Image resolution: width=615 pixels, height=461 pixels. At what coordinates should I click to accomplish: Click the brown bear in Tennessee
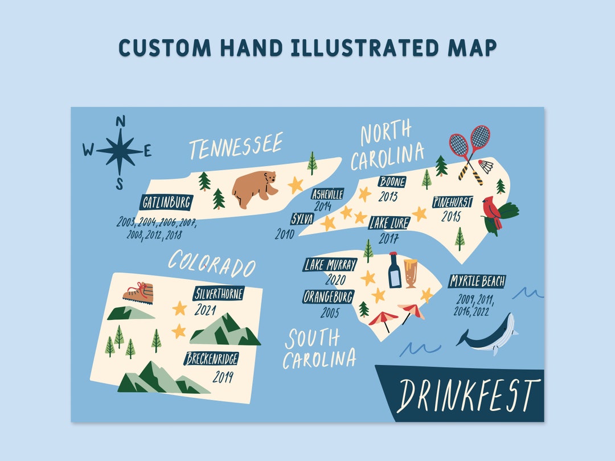[x=255, y=188]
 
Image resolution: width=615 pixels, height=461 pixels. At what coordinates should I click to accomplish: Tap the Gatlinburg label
[x=167, y=202]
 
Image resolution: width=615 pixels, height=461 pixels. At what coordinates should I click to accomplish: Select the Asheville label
[x=328, y=194]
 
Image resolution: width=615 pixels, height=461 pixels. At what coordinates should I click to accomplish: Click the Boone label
[x=392, y=182]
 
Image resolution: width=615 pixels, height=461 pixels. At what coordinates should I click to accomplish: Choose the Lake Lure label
[x=389, y=223]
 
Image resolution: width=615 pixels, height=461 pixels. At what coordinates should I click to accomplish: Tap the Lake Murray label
[x=330, y=265]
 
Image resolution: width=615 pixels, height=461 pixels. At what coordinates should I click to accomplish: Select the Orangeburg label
[x=329, y=297]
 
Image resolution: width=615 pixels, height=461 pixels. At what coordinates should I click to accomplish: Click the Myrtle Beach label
[x=477, y=281]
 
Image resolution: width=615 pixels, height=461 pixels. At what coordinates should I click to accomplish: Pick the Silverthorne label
[x=219, y=294]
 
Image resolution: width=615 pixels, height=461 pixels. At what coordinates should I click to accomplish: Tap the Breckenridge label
[x=211, y=359]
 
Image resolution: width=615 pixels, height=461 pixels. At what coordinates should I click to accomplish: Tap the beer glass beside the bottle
[x=411, y=272]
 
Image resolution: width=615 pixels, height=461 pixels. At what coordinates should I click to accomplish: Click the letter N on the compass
[x=120, y=121]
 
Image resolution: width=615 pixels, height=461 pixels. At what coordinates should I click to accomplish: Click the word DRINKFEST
[x=468, y=395]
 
